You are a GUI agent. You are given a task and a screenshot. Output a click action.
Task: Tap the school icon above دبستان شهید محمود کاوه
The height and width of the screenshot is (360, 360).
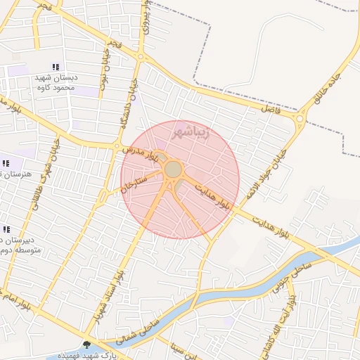tap(56, 67)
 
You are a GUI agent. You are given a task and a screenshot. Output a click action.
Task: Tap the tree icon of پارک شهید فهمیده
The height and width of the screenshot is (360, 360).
tap(86, 345)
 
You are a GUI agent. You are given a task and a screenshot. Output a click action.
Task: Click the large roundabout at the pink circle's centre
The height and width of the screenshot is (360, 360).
tap(173, 169)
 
